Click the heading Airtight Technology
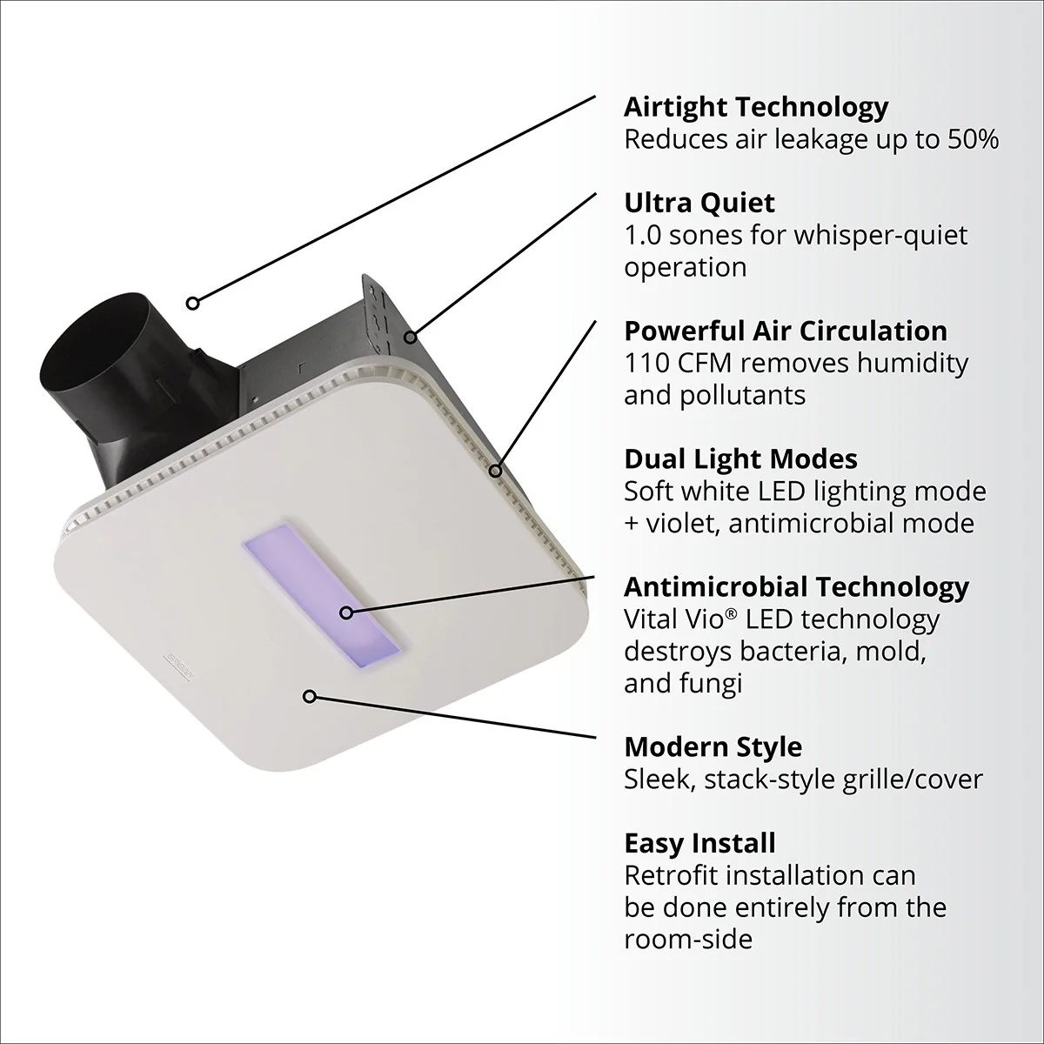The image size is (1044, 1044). [756, 107]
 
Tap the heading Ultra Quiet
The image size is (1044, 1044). [699, 203]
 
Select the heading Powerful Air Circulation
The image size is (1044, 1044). [786, 331]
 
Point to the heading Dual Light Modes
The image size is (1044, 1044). [740, 458]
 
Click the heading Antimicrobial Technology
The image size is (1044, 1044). [796, 586]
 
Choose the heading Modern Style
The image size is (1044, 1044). [713, 746]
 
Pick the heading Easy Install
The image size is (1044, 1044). [699, 843]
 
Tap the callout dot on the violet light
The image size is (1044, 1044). [346, 612]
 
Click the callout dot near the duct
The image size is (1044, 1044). [193, 303]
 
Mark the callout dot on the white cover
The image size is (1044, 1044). [308, 696]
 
